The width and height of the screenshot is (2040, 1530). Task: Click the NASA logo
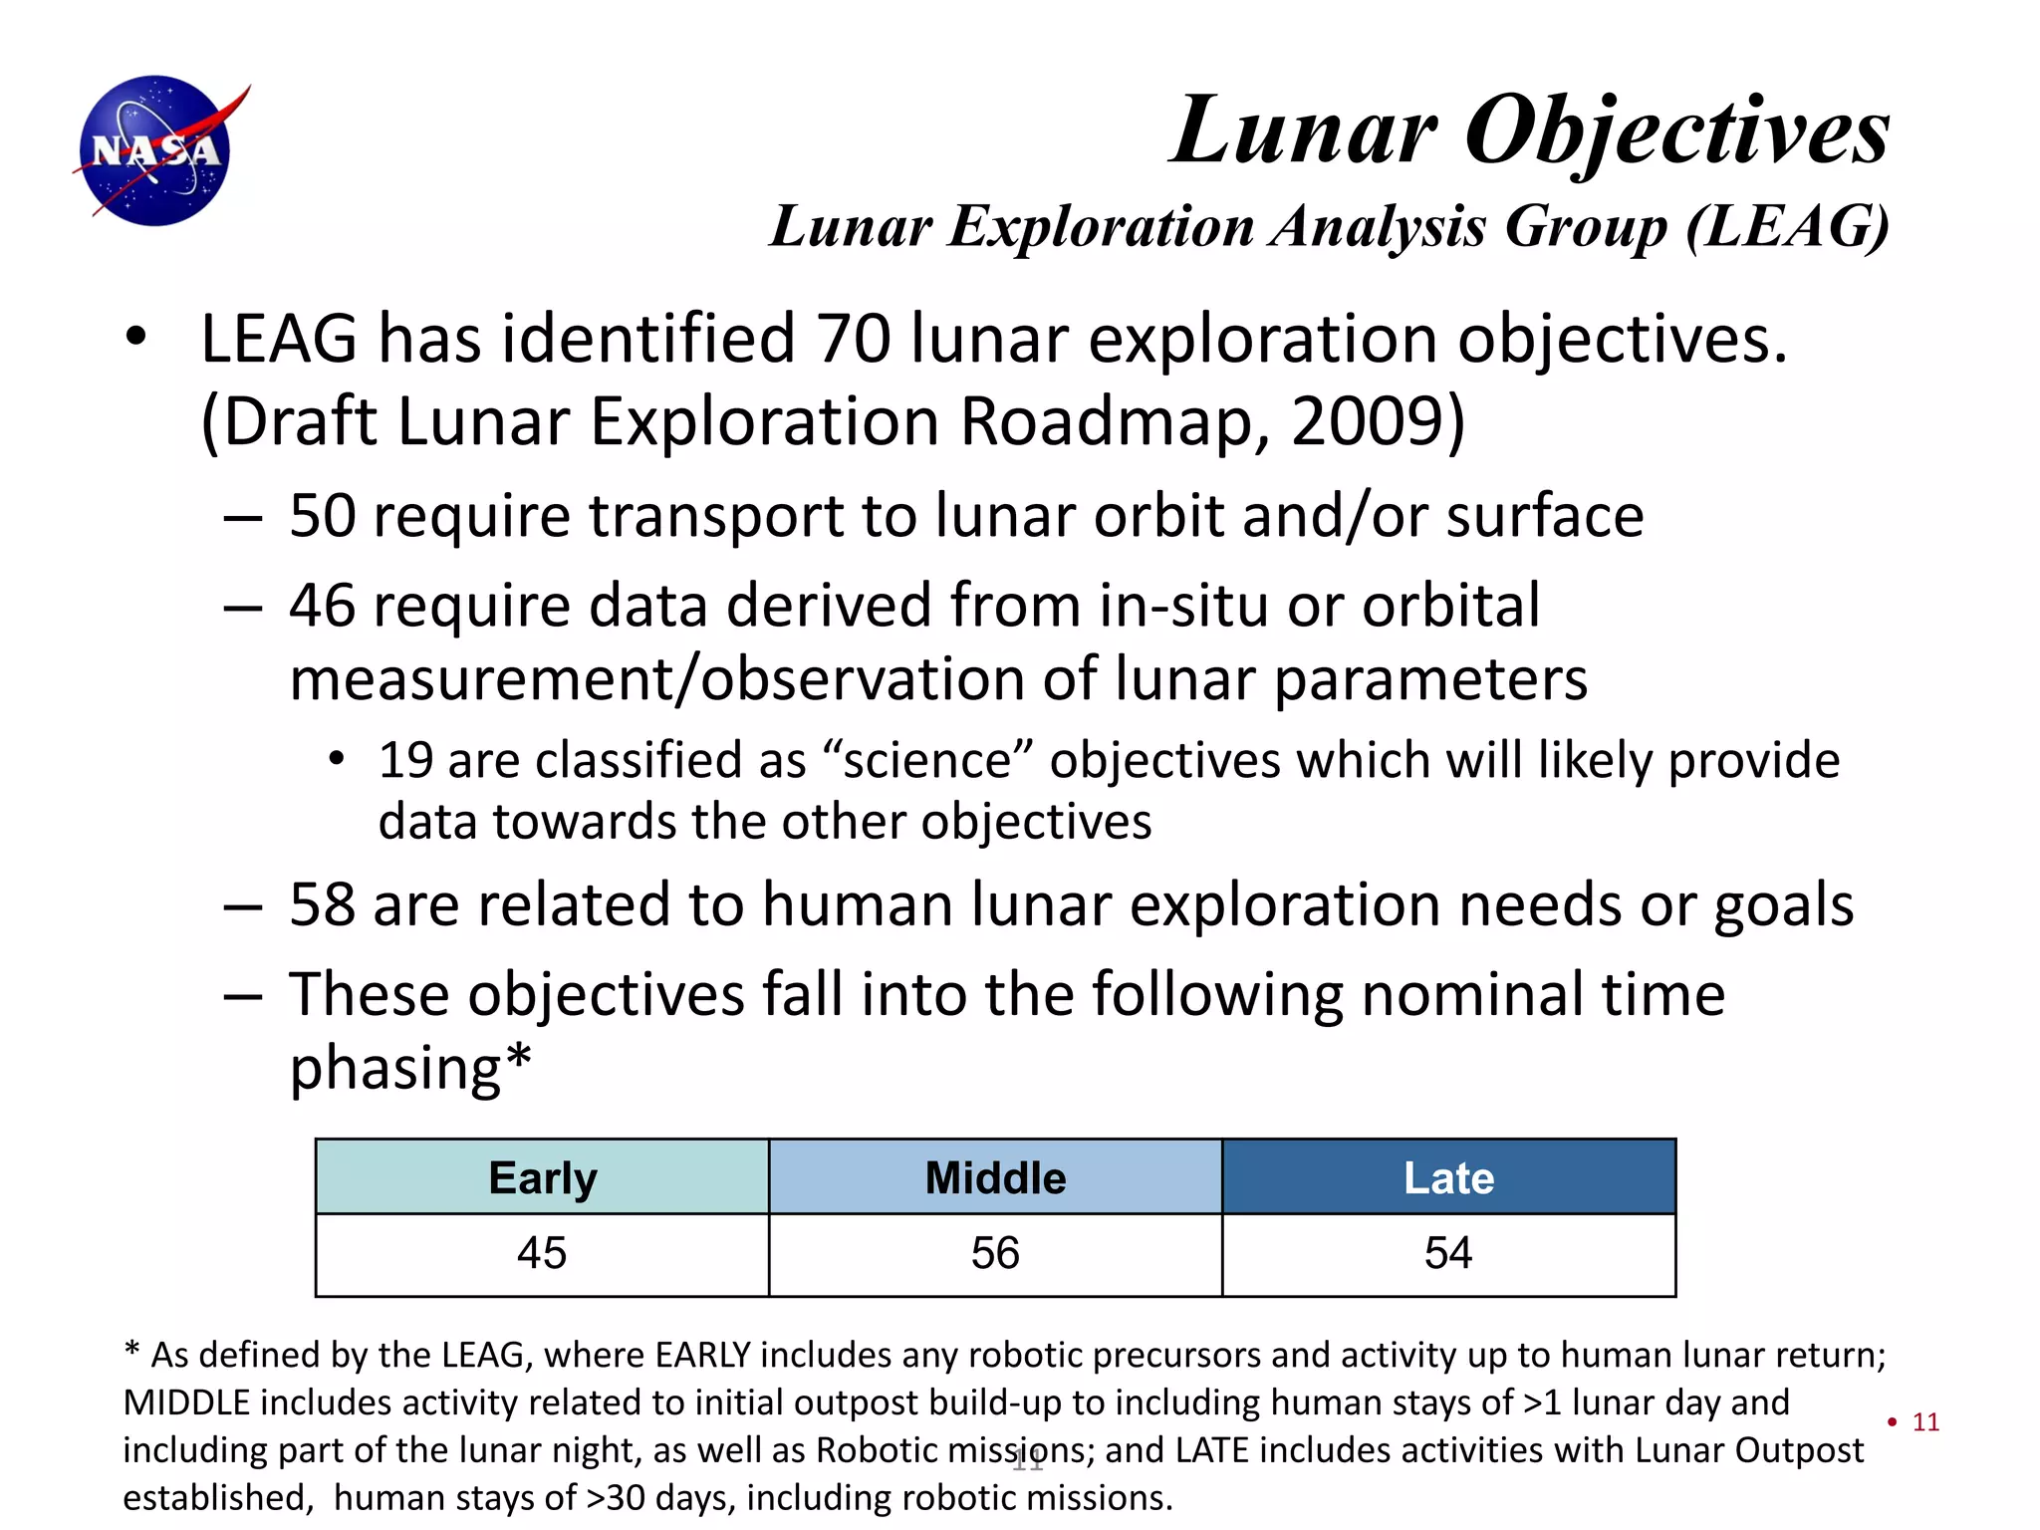point(156,150)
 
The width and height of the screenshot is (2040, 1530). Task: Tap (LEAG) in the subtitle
point(1787,226)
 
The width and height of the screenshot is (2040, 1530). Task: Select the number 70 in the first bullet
point(853,339)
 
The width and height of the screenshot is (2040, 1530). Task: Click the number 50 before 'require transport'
point(322,516)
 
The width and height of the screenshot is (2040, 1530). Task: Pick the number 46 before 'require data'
point(322,606)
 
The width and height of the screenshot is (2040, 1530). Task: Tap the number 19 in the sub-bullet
point(405,761)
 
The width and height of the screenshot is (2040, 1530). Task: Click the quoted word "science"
point(927,761)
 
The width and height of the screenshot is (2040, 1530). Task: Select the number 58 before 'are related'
point(322,904)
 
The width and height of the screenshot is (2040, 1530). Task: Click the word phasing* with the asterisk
point(410,1068)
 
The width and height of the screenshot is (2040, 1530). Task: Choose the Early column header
point(542,1177)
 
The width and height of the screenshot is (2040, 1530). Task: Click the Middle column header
point(995,1177)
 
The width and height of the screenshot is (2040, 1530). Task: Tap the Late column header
point(1448,1177)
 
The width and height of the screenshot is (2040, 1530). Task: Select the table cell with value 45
point(542,1253)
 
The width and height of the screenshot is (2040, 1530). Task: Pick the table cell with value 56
point(995,1253)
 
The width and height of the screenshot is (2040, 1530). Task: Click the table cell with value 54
point(1448,1253)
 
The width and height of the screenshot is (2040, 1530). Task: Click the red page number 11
point(1925,1422)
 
